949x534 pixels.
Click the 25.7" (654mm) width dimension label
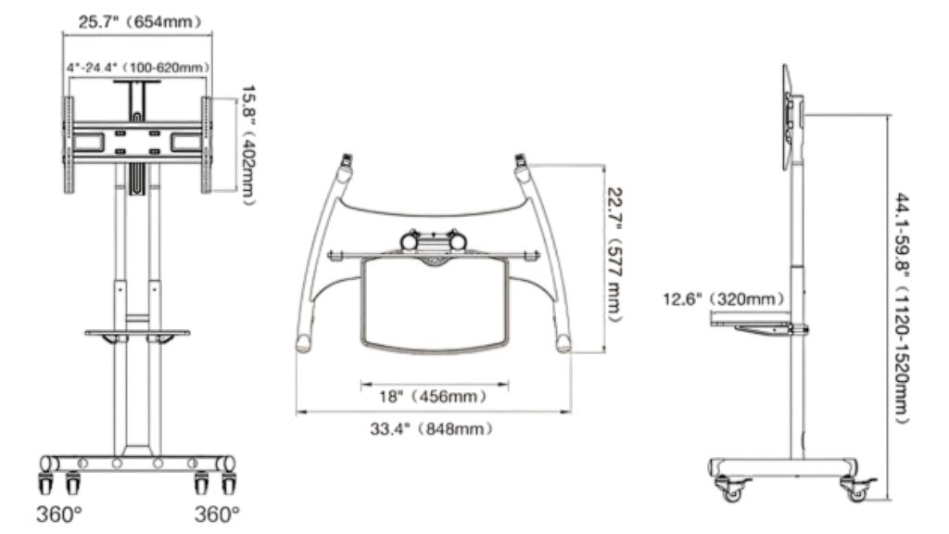(140, 22)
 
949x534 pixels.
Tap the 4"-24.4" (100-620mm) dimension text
(138, 67)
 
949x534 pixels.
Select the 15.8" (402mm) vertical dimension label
(248, 146)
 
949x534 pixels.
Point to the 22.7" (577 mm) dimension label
(614, 255)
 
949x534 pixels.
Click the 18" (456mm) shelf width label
(433, 397)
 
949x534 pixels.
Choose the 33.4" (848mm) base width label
(432, 428)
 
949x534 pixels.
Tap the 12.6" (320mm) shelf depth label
(724, 299)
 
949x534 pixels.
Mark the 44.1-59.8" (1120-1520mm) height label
(903, 309)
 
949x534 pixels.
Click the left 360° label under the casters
(58, 514)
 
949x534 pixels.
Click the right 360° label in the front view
(217, 514)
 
